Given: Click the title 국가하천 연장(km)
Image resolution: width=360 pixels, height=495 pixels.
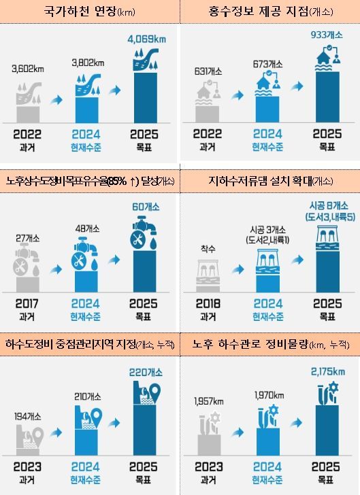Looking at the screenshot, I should [x=89, y=12].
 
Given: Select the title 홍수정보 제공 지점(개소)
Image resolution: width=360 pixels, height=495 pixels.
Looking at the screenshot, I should [x=270, y=12].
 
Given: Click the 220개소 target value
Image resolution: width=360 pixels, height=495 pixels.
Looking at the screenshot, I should [x=147, y=372].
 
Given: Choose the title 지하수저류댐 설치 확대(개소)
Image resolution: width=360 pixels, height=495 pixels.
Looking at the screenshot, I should [x=270, y=182].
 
